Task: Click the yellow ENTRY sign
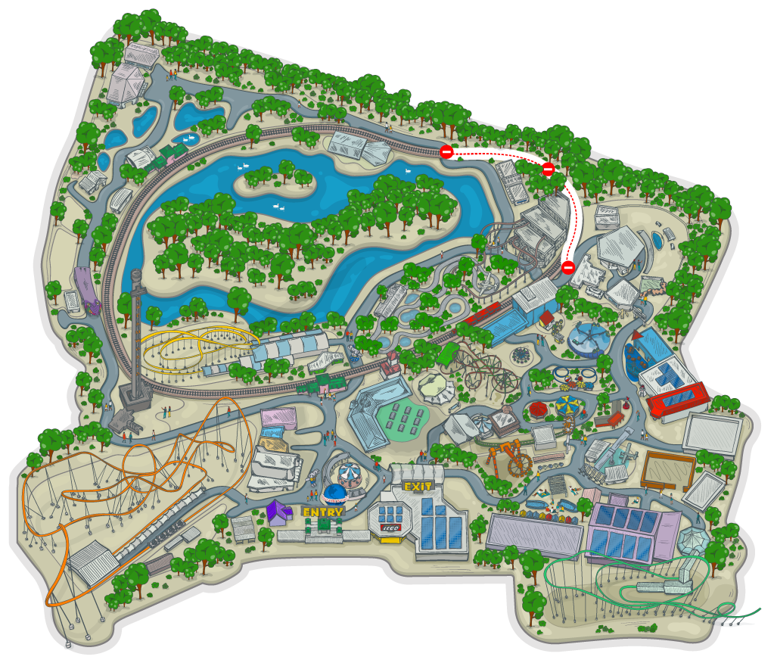(323, 512)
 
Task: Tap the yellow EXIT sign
(417, 487)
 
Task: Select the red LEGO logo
(390, 528)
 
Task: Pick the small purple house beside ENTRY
(278, 512)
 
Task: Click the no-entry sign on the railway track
(446, 152)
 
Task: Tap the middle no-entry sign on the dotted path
(548, 170)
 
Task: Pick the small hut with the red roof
(546, 319)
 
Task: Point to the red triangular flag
(636, 335)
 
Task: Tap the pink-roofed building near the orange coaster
(278, 417)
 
